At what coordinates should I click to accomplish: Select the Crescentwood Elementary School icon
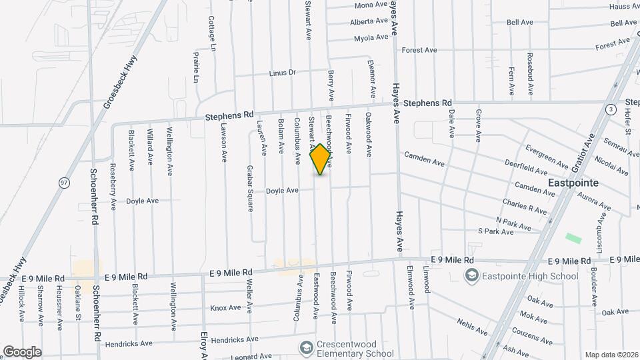pyautogui.click(x=306, y=348)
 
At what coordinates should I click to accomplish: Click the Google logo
pyautogui.click(x=23, y=351)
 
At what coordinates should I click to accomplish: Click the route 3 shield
pyautogui.click(x=611, y=109)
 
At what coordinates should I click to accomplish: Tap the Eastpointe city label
pyautogui.click(x=573, y=183)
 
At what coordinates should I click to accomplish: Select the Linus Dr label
pyautogui.click(x=282, y=73)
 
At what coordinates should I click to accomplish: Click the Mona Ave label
pyautogui.click(x=371, y=5)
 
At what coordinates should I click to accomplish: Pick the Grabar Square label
pyautogui.click(x=249, y=188)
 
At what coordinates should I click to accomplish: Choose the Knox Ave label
pyautogui.click(x=225, y=308)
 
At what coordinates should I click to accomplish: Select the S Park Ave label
pyautogui.click(x=495, y=232)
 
